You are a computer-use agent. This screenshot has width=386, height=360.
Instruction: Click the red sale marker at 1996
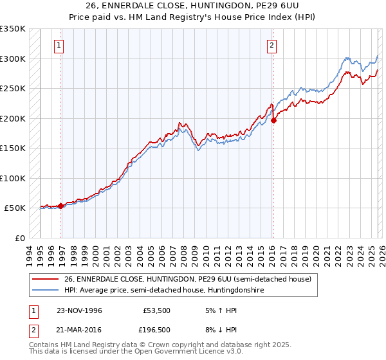tap(61, 206)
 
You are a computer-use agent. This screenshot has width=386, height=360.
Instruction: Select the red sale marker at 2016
tap(273, 120)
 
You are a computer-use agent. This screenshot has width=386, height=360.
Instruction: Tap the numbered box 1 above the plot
tap(59, 45)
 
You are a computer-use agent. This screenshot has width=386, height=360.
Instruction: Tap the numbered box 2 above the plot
tap(272, 45)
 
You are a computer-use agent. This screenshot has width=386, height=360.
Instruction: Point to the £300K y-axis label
tap(13, 59)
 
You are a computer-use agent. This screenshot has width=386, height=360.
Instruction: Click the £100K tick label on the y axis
tap(13, 178)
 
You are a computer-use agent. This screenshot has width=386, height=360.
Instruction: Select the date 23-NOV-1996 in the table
tap(79, 310)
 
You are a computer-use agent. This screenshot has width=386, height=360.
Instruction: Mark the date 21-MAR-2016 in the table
tap(79, 329)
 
